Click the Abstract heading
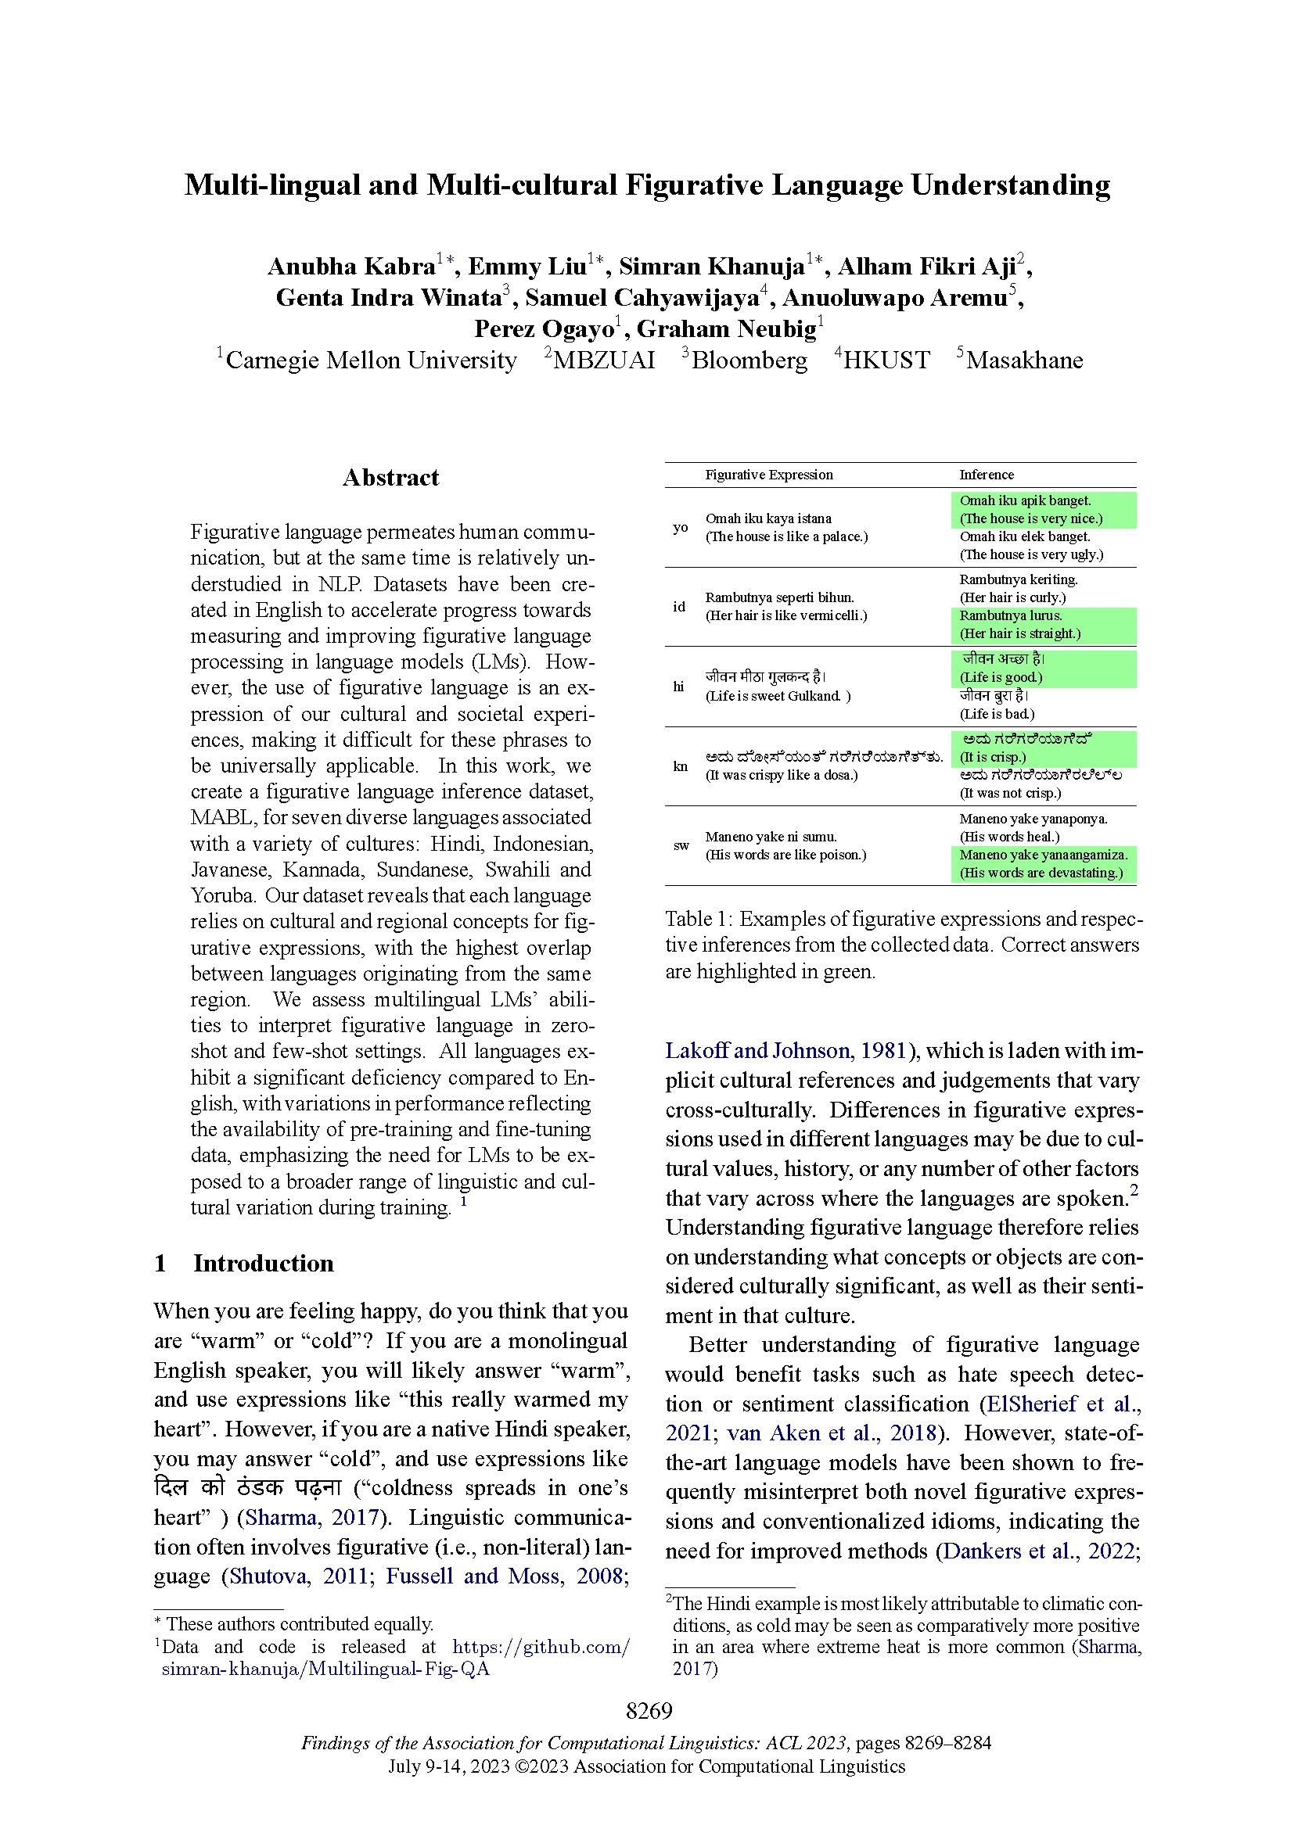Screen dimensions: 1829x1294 pos(390,477)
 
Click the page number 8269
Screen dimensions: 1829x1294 pos(649,1710)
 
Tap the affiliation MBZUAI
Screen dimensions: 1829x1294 pos(604,360)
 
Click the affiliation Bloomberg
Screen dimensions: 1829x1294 pos(749,360)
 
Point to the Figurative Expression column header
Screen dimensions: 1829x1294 pos(768,475)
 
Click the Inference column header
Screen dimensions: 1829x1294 pos(986,475)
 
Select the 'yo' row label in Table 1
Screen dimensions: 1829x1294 pos(680,527)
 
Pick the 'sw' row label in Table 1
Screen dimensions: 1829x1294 pos(681,845)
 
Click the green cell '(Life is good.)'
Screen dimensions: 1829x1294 pos(1000,677)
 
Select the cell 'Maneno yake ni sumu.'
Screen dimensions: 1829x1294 pos(770,837)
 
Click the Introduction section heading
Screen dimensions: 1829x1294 pos(263,1264)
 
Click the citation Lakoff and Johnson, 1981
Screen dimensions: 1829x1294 pos(785,1051)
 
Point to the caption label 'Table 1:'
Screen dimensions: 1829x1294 pos(699,920)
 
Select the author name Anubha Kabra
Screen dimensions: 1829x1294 pos(351,267)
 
